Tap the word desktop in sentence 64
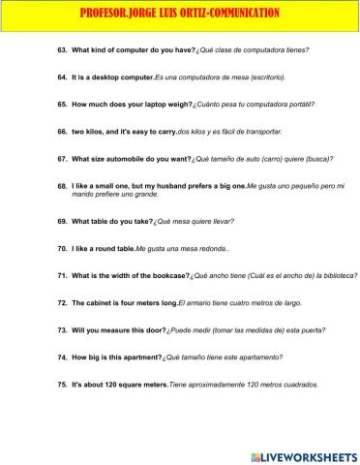pyautogui.click(x=108, y=76)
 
